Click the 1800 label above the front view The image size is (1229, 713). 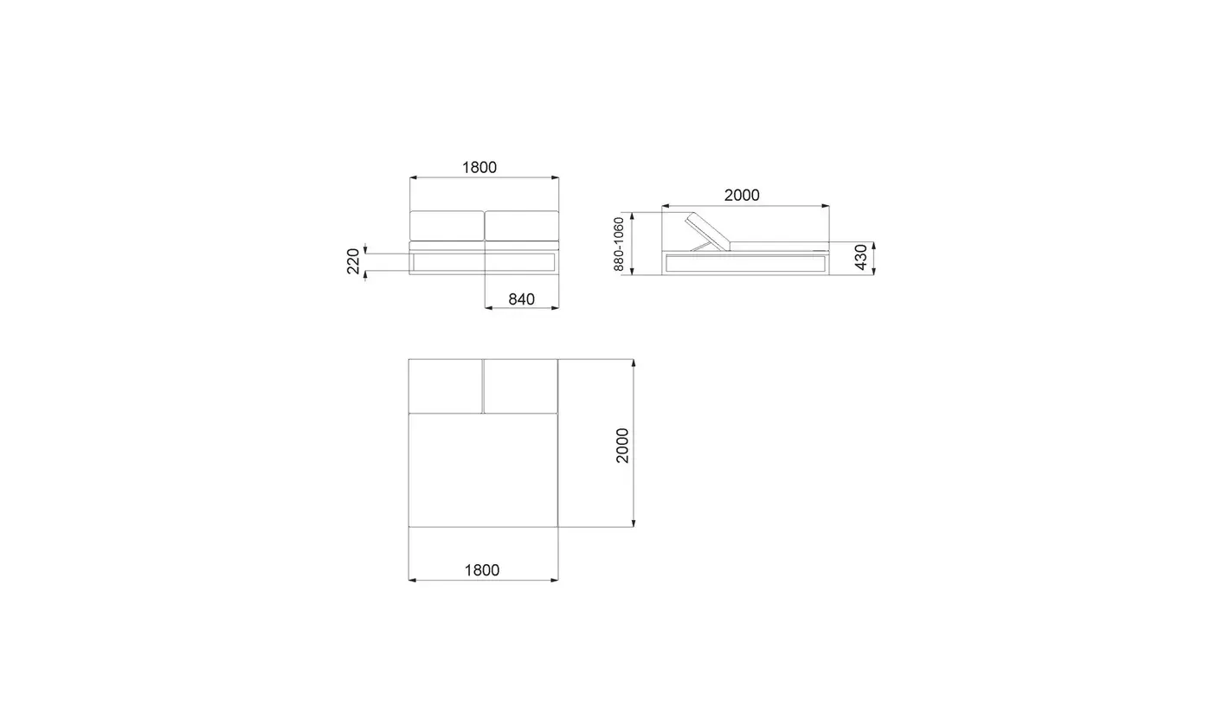click(479, 167)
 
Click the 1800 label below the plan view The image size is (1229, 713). click(482, 570)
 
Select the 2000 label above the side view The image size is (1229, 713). click(742, 196)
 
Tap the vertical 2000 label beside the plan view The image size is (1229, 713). click(622, 446)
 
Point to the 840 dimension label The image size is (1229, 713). click(521, 299)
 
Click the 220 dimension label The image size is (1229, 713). click(353, 261)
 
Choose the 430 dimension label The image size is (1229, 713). click(861, 257)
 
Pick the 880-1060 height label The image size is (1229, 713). click(618, 244)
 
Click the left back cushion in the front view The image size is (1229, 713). click(447, 226)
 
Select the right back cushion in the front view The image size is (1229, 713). click(522, 226)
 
